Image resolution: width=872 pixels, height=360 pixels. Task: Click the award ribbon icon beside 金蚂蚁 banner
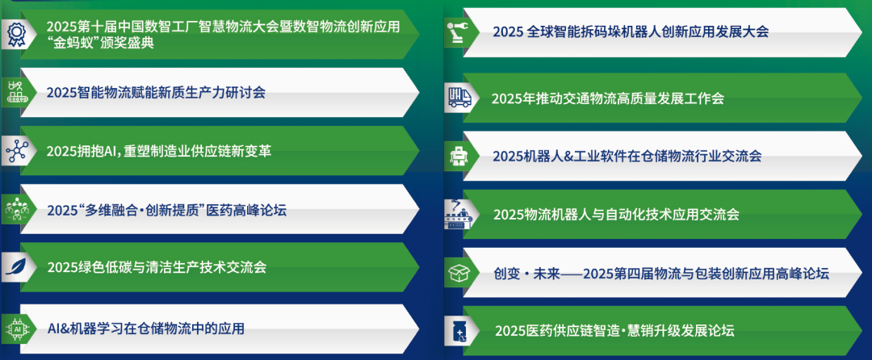click(15, 34)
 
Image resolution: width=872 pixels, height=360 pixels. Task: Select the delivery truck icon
click(459, 98)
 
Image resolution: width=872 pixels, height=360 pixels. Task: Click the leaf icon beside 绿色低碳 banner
click(15, 266)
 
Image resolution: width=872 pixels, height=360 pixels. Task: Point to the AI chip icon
click(15, 328)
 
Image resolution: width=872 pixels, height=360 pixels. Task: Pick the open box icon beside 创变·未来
click(459, 274)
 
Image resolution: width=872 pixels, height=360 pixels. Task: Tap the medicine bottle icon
click(459, 331)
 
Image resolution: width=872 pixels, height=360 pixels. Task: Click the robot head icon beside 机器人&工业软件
click(459, 156)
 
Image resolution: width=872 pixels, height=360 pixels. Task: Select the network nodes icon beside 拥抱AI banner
click(15, 151)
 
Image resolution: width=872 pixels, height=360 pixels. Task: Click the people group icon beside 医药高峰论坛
click(15, 210)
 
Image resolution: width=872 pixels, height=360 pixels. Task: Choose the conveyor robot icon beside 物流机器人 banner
click(459, 214)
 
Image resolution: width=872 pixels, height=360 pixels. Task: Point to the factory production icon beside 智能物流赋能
click(15, 91)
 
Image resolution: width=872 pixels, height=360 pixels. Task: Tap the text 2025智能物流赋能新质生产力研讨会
click(156, 92)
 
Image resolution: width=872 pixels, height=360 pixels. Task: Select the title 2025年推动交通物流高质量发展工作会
click(607, 98)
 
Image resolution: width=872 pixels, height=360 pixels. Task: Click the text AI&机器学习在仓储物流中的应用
click(146, 328)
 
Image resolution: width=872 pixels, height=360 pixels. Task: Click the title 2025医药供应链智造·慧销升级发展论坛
click(614, 330)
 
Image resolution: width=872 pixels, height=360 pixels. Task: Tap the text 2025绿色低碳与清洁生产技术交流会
click(157, 266)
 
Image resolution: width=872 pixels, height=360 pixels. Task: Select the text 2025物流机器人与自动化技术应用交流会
click(616, 214)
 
